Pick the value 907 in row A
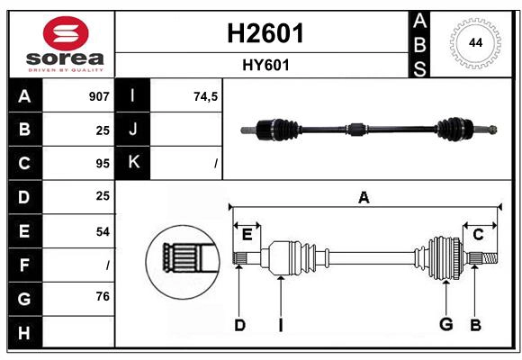point(99,96)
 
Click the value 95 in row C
point(102,164)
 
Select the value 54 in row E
point(102,231)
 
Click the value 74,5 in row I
point(206,96)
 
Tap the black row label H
point(23,332)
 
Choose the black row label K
point(133,163)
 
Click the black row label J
point(133,130)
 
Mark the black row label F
point(23,265)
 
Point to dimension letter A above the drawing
point(364,198)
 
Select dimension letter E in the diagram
point(247,234)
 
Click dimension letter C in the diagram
point(478,234)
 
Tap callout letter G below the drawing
point(445,324)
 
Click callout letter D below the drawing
point(239,324)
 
